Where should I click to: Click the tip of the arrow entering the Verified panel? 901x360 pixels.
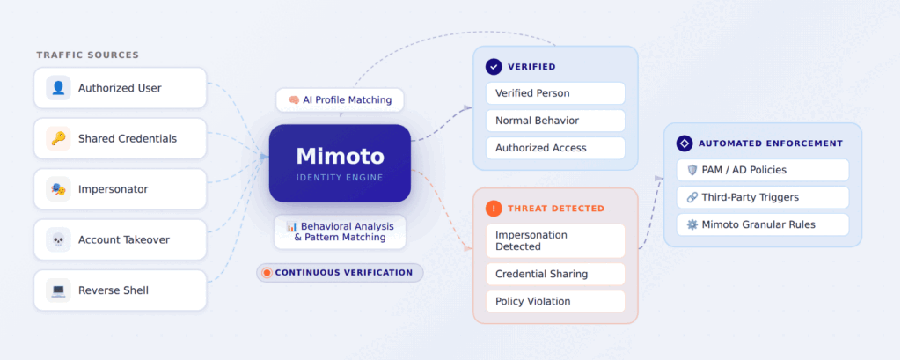click(472, 107)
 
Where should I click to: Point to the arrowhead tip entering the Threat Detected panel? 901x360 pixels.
click(472, 249)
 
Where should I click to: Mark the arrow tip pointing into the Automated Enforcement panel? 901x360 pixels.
click(663, 179)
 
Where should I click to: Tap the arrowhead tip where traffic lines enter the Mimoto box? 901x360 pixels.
click(268, 157)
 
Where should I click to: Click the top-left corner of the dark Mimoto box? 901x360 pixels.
click(269, 125)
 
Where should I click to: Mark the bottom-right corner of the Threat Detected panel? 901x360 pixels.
click(638, 323)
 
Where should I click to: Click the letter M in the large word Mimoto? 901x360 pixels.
click(305, 157)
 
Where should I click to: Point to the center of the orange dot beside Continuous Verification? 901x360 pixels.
click(267, 273)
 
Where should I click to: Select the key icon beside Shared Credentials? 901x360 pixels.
click(59, 138)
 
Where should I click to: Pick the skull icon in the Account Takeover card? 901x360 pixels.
click(59, 239)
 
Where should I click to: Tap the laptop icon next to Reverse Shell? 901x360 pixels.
click(59, 290)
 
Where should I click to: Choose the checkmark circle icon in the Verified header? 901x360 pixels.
click(494, 67)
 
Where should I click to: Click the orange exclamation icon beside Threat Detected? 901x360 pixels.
click(494, 209)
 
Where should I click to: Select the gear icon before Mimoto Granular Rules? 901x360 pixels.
click(692, 224)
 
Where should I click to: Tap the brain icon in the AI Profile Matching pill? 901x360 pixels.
click(294, 100)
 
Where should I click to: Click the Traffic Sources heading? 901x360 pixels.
click(88, 55)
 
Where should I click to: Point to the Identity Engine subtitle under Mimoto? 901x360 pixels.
click(340, 177)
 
